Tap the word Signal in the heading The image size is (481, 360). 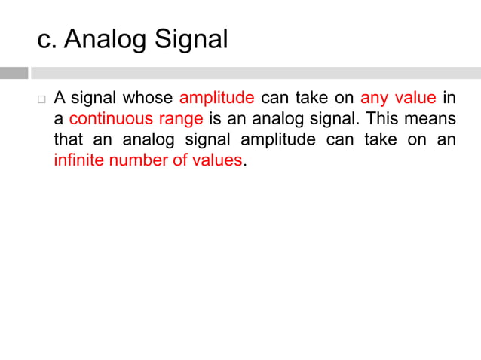(191, 40)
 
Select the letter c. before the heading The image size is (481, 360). (47, 40)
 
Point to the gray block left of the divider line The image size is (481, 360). (14, 73)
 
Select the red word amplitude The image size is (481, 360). (216, 99)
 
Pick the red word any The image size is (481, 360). (374, 99)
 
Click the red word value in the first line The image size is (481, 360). (415, 99)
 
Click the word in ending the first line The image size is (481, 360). (449, 99)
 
